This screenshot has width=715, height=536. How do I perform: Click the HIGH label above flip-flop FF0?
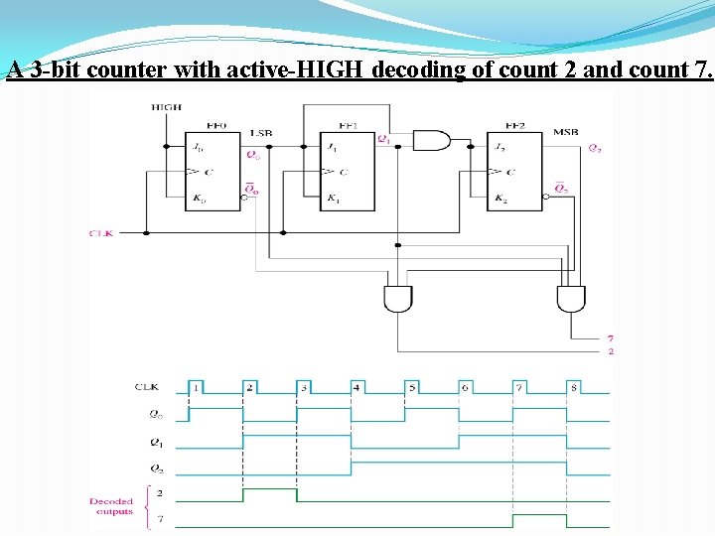pyautogui.click(x=165, y=106)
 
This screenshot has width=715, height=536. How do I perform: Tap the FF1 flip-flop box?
pyautogui.click(x=348, y=171)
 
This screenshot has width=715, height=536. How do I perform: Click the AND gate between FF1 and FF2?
pyautogui.click(x=430, y=140)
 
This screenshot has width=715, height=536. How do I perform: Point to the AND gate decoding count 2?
pyautogui.click(x=398, y=298)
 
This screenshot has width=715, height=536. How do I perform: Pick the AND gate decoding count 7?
pyautogui.click(x=571, y=298)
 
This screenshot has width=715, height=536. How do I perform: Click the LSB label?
pyautogui.click(x=261, y=131)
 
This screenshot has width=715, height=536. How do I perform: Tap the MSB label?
pyautogui.click(x=566, y=131)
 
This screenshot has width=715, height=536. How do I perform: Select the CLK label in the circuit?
pyautogui.click(x=102, y=233)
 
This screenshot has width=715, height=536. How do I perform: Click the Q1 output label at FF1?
pyautogui.click(x=383, y=139)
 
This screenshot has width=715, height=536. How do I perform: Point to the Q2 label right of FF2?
pyautogui.click(x=594, y=149)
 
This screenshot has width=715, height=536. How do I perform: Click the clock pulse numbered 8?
pyautogui.click(x=573, y=387)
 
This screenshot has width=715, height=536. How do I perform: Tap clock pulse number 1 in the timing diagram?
pyautogui.click(x=197, y=387)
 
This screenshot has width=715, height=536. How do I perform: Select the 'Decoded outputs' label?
pyautogui.click(x=111, y=506)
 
